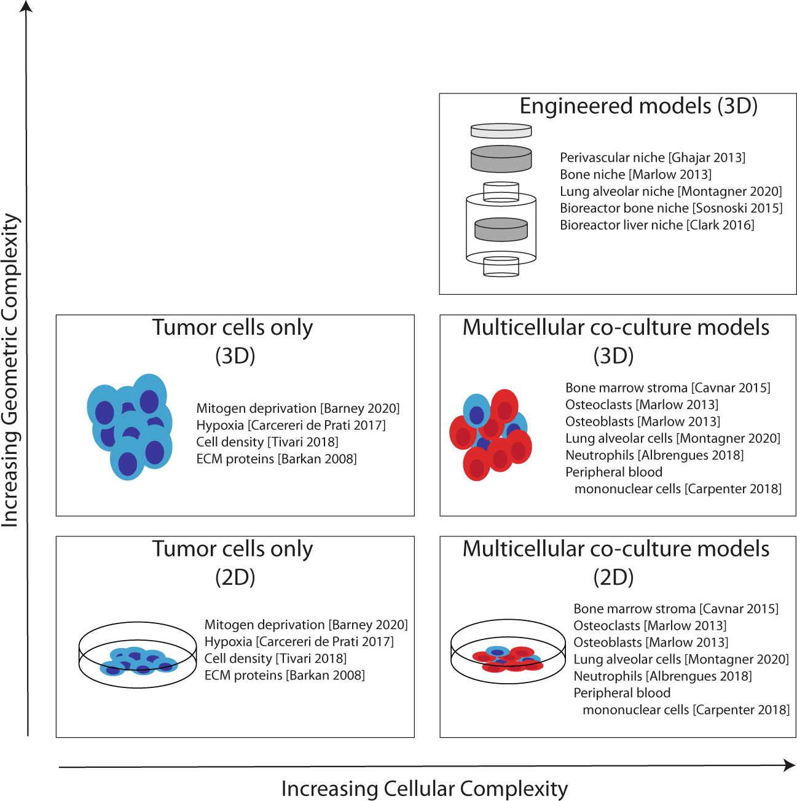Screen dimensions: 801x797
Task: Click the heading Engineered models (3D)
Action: [x=638, y=106]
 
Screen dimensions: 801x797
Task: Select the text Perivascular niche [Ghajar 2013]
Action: [x=652, y=158]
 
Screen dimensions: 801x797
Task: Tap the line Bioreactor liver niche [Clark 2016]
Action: [x=656, y=225]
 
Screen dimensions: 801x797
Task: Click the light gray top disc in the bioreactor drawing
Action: [x=501, y=131]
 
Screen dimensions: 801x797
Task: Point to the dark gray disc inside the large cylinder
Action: [x=501, y=230]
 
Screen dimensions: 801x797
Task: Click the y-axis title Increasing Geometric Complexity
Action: [x=10, y=370]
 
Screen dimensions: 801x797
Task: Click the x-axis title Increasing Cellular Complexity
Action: [x=424, y=789]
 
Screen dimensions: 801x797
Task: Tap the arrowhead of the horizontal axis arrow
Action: [x=790, y=765]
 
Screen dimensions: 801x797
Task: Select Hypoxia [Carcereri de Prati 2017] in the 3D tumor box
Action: [x=291, y=426]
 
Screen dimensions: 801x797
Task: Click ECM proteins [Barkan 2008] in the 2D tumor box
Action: [x=284, y=676]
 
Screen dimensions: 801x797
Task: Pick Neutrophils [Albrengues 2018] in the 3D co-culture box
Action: [x=654, y=456]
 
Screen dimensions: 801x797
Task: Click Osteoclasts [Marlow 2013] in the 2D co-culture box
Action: [x=650, y=626]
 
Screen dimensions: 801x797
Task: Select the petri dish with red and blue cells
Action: [x=508, y=651]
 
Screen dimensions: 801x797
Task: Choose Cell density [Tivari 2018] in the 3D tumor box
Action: [x=267, y=442]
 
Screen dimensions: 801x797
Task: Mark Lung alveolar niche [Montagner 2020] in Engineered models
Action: [x=670, y=192]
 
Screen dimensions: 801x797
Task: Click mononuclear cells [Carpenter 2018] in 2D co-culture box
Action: [x=686, y=710]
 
